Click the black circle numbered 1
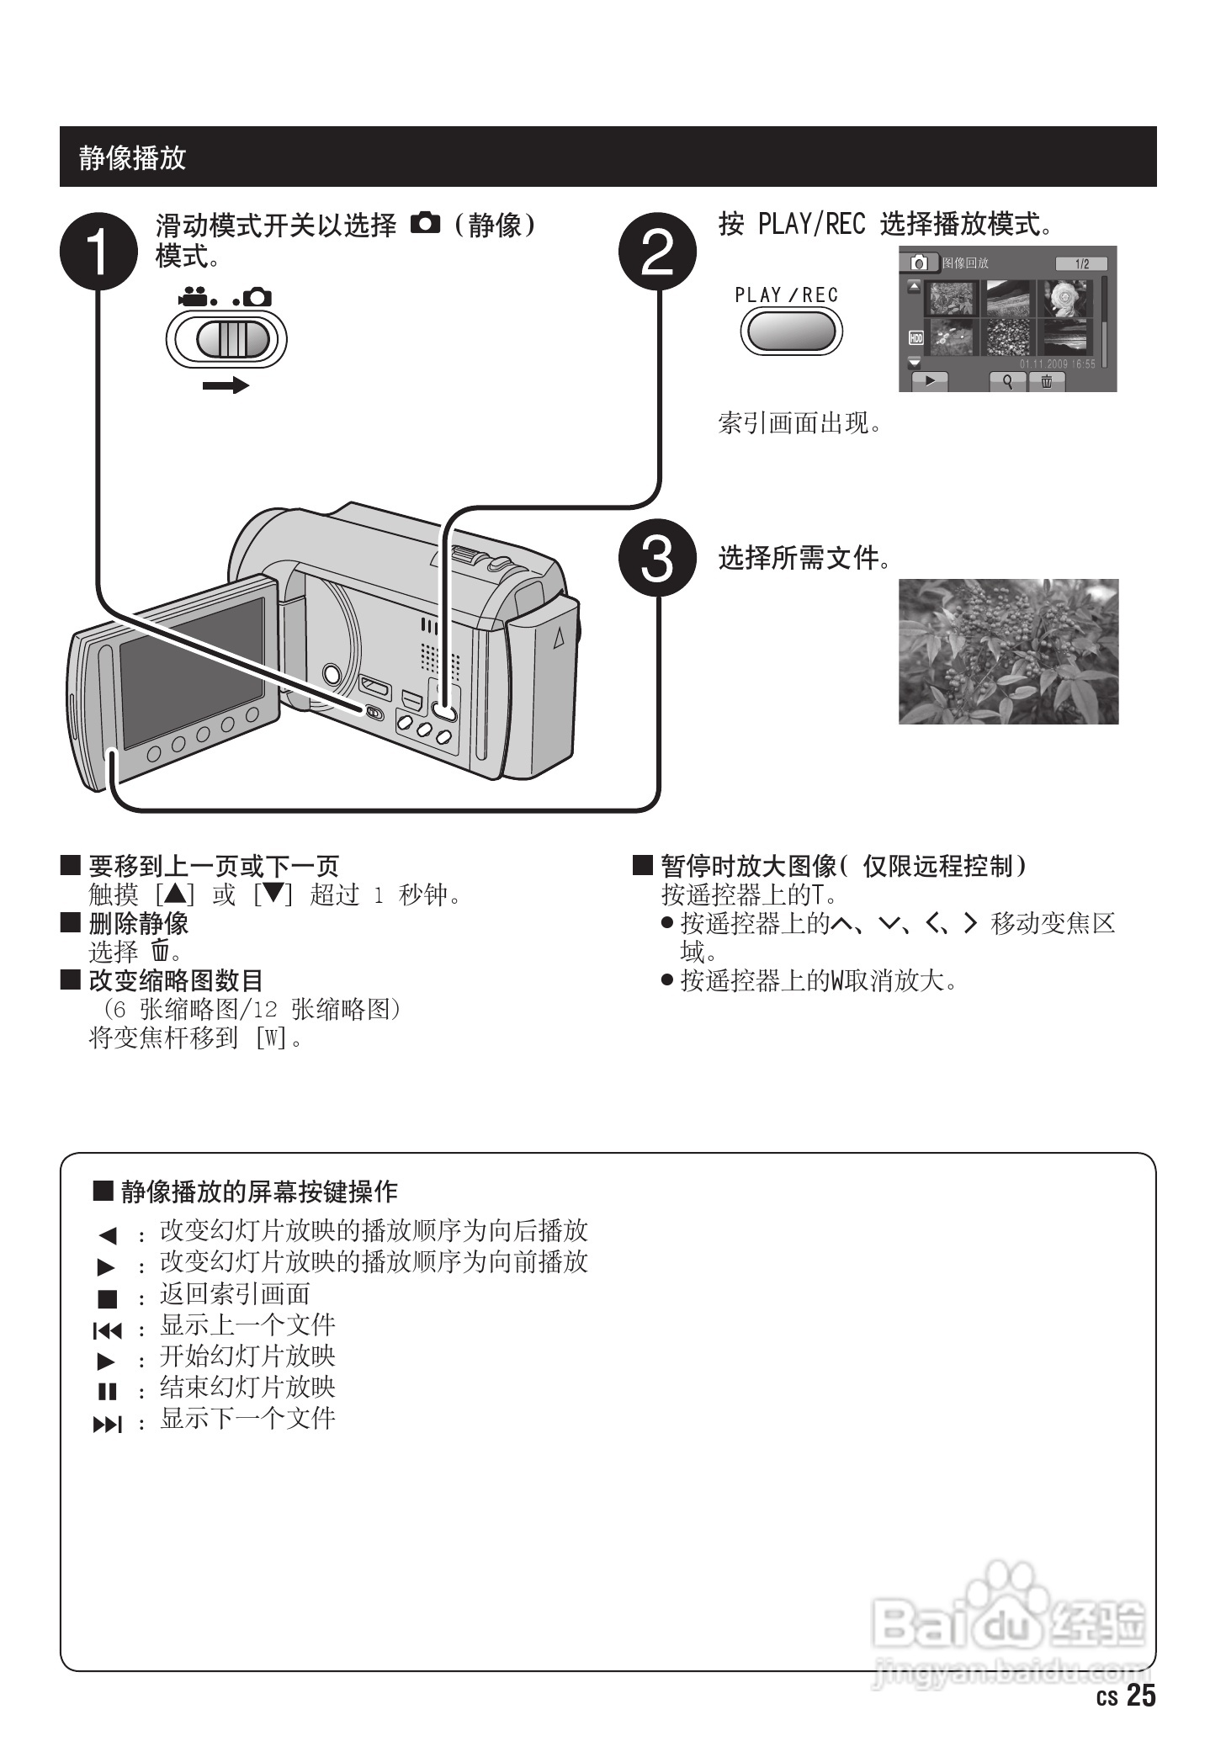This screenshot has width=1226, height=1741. (98, 250)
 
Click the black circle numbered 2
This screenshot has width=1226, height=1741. (657, 250)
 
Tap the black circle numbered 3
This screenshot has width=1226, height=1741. (657, 557)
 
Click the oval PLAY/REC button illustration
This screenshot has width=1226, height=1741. (790, 331)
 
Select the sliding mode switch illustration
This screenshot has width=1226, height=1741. (226, 339)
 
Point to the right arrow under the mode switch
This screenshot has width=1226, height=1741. (226, 385)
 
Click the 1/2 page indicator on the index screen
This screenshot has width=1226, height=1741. (1081, 264)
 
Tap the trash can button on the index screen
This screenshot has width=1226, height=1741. (1047, 381)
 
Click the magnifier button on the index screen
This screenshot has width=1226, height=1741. (1007, 381)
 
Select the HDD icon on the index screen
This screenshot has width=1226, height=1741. (916, 338)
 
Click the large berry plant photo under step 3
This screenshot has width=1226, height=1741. (1008, 651)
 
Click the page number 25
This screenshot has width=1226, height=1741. (1141, 1696)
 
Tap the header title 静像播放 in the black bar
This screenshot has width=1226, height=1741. (132, 157)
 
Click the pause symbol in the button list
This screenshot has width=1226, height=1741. (107, 1392)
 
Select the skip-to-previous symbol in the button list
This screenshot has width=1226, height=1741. (107, 1330)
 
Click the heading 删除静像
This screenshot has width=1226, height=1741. (139, 923)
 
